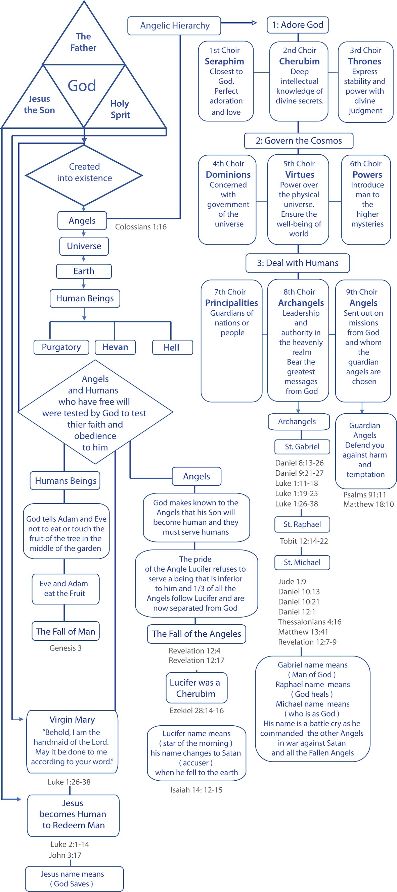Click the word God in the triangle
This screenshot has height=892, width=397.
(x=82, y=86)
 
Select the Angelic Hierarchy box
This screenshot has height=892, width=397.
(x=174, y=25)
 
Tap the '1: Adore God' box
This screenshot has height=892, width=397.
(x=298, y=25)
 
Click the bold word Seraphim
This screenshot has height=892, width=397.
(x=224, y=61)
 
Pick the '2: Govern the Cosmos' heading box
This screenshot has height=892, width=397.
(x=299, y=141)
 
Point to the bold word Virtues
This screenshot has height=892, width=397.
(x=299, y=174)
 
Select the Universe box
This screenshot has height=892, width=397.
(x=84, y=246)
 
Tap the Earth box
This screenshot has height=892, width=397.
(x=84, y=271)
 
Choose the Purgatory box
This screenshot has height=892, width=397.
(x=61, y=347)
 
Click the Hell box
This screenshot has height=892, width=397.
(x=172, y=347)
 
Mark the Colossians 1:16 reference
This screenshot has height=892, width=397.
(x=141, y=227)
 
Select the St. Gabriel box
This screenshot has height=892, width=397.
(x=302, y=447)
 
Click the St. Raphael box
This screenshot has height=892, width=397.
(x=302, y=524)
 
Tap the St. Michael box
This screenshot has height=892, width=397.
(x=302, y=562)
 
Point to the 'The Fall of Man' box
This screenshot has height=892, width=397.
(x=65, y=631)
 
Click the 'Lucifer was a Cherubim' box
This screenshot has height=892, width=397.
(x=196, y=688)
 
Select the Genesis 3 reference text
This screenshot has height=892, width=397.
(x=65, y=648)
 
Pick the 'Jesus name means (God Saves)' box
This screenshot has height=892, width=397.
(x=74, y=879)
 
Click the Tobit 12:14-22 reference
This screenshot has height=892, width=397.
(x=304, y=541)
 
